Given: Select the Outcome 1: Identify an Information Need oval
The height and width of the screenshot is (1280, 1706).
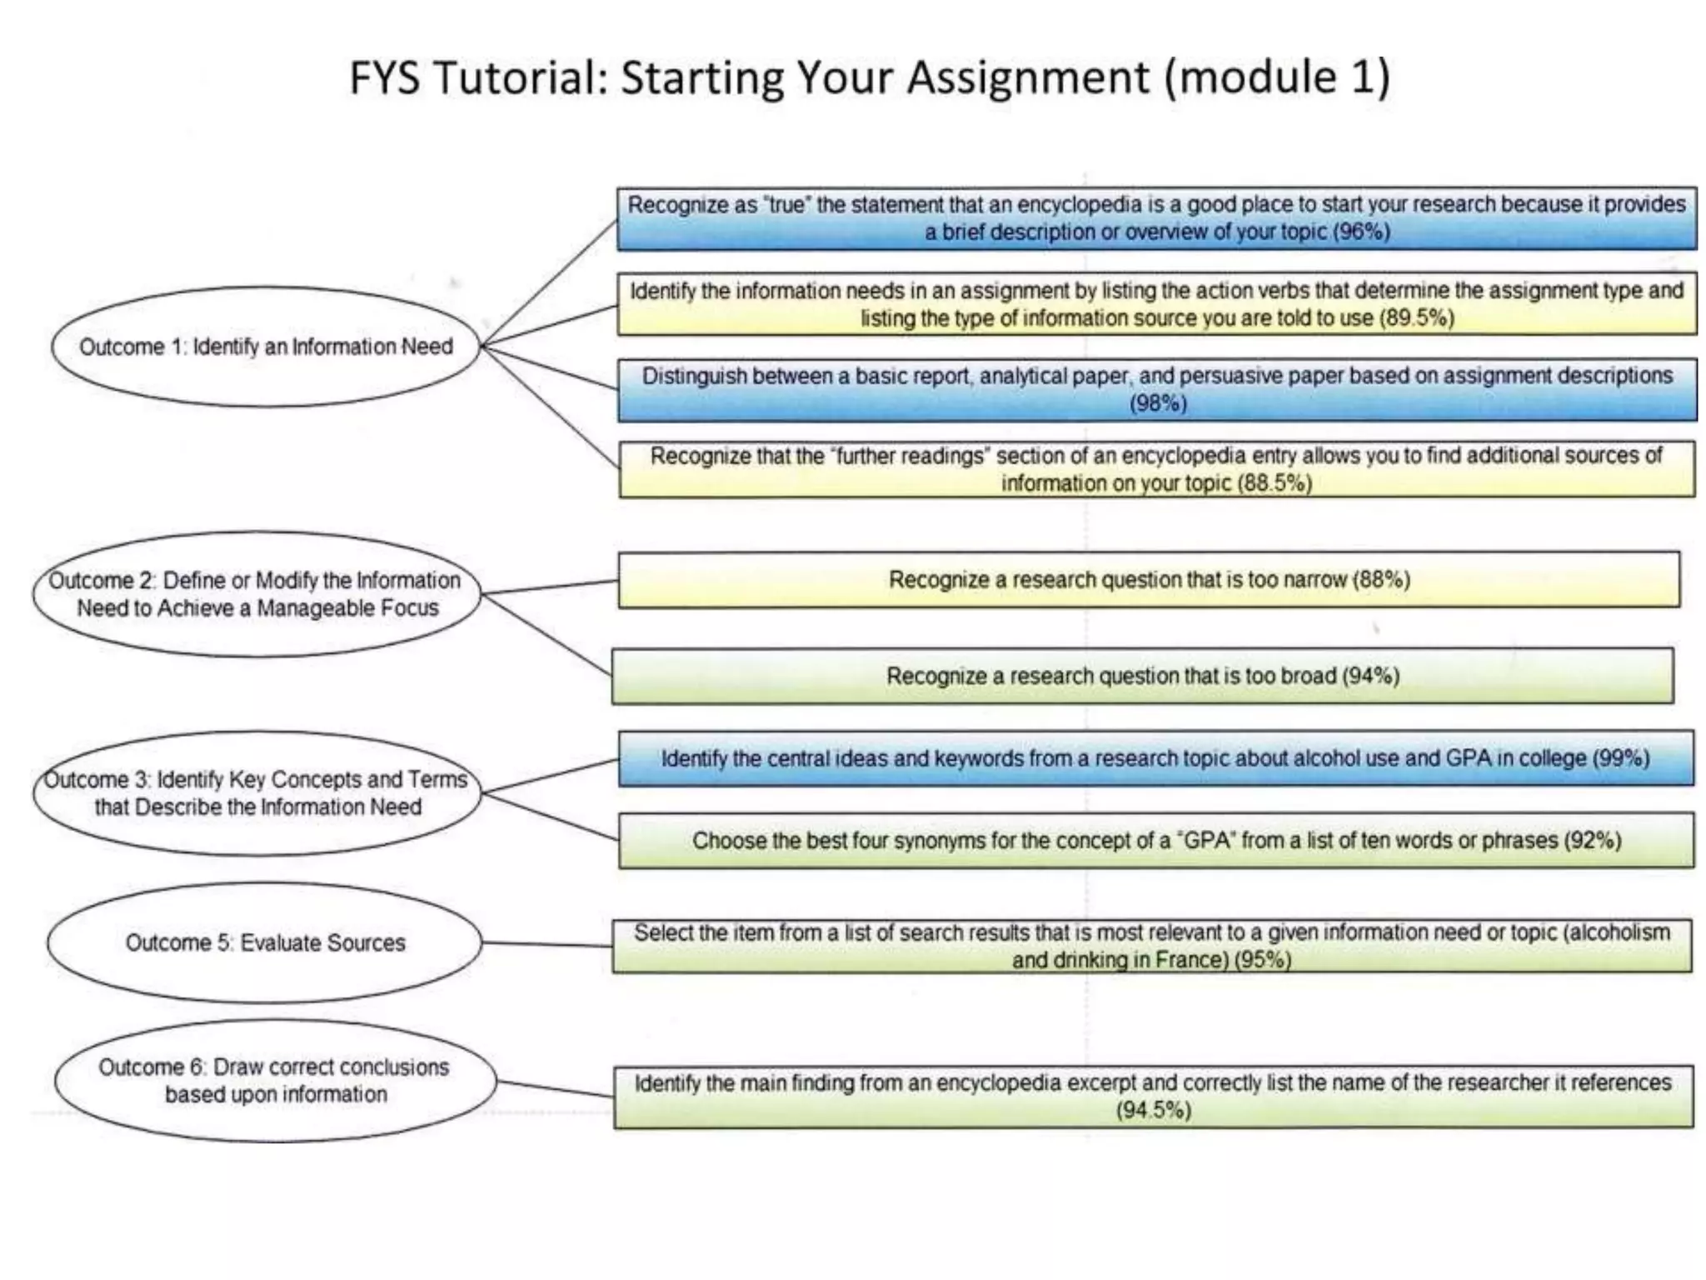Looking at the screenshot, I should click(266, 347).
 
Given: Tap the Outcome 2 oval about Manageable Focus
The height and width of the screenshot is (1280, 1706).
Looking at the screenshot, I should click(257, 594).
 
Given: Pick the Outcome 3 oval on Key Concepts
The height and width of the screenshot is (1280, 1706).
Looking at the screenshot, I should click(257, 793).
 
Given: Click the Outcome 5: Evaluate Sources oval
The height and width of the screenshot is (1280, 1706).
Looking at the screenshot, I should click(265, 942).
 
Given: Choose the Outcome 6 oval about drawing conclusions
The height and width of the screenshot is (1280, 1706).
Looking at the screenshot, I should click(275, 1081).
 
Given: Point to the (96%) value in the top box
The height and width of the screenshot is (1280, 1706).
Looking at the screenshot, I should click(1361, 232).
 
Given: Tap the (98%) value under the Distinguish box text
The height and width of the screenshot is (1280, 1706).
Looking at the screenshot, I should click(1158, 404).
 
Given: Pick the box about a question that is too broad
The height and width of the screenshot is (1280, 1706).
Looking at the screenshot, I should click(1142, 676).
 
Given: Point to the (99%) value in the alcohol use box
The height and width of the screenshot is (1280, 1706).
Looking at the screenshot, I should click(1620, 758).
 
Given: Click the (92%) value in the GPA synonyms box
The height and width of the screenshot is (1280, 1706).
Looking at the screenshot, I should click(1592, 840).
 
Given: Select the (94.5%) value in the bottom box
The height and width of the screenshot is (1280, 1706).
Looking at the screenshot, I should click(1154, 1111).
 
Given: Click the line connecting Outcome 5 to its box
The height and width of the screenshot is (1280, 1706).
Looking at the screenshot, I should click(547, 944).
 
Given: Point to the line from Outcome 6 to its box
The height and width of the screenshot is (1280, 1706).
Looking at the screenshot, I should click(556, 1089).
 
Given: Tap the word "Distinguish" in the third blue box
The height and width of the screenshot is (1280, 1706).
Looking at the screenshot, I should click(694, 377).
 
